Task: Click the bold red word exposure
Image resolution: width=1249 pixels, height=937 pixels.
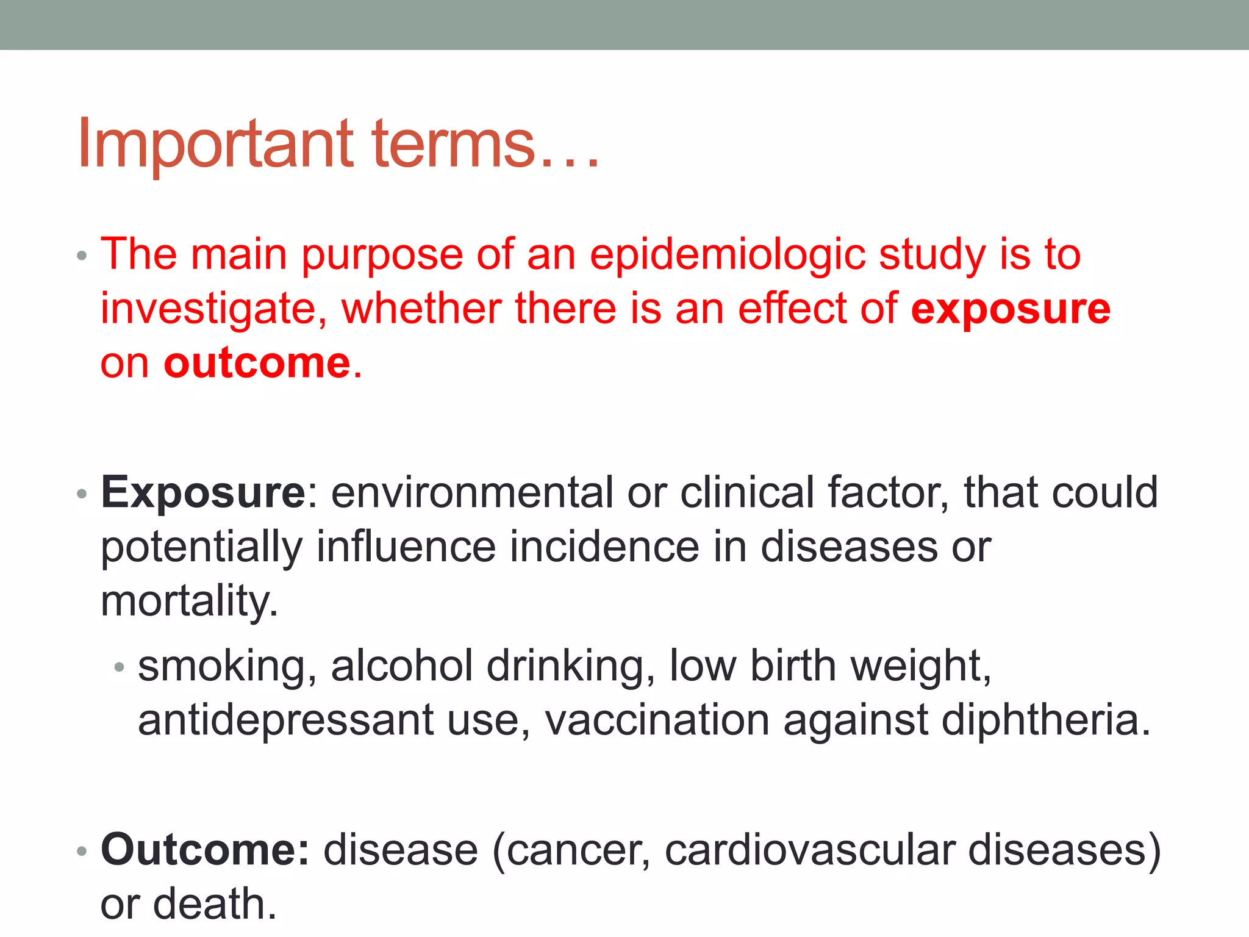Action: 1011,309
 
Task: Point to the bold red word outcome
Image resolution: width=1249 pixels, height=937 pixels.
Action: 257,363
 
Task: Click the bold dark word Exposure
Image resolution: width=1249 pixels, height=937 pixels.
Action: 203,492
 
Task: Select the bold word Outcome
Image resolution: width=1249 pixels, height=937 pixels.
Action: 205,850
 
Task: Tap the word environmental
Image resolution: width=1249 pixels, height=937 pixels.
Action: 472,492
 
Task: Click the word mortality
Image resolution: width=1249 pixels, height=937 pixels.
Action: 189,601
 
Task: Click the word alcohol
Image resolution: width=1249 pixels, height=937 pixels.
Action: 402,666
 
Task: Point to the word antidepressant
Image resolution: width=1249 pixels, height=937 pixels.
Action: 285,720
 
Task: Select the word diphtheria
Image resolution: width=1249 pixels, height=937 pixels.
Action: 1045,720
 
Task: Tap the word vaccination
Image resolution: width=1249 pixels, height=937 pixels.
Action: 657,720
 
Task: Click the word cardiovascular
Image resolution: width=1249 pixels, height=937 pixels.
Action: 809,850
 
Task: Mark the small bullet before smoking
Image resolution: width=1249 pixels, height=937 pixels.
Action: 120,668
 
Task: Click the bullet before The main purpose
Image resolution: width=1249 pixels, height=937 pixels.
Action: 82,256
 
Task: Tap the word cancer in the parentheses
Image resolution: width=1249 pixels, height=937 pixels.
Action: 577,850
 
